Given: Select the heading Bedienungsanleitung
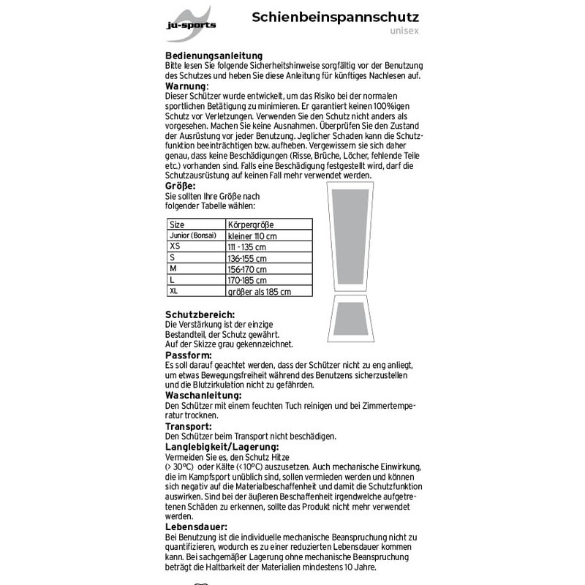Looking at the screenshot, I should click(214, 56).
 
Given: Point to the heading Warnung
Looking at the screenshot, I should click(186, 86).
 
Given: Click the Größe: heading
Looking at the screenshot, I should click(181, 186).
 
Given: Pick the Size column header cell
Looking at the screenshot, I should click(177, 224).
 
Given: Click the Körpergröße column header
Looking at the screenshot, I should click(251, 224).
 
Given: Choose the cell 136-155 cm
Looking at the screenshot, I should click(248, 258).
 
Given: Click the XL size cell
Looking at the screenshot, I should click(174, 291).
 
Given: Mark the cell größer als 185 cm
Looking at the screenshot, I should click(260, 291).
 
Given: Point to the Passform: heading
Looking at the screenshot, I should click(188, 355).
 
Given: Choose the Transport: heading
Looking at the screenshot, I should click(189, 426).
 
